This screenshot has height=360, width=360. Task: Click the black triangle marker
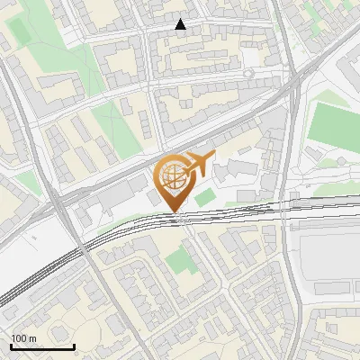click(181, 24)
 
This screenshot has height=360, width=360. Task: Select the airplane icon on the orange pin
click(200, 163)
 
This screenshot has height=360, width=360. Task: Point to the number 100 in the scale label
click(18, 337)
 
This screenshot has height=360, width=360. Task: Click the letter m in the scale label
click(31, 337)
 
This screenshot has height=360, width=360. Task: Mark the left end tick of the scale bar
click(12, 346)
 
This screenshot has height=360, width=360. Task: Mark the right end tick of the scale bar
click(74, 346)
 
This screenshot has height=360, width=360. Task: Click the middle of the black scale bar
click(42, 346)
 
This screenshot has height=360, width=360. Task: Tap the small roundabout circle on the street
click(247, 73)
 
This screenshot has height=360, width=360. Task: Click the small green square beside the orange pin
click(206, 196)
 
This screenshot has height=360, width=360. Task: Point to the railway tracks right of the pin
click(261, 209)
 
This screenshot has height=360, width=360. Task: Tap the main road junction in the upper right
click(292, 81)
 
